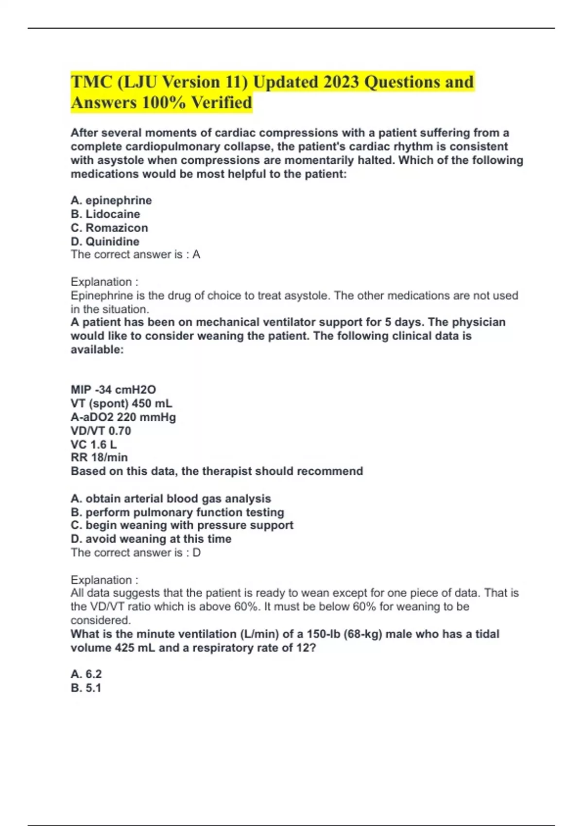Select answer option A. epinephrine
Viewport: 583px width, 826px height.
pos(111,200)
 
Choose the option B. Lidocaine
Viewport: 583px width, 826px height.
pos(105,214)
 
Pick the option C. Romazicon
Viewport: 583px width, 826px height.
pos(109,227)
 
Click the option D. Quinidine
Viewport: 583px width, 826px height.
pos(105,241)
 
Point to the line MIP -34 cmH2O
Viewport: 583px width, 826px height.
pos(113,389)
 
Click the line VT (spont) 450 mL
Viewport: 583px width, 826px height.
pos(121,403)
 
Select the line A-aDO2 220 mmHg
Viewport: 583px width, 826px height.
pos(123,417)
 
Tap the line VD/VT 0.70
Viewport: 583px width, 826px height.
pos(101,430)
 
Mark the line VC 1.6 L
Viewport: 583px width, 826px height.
pos(94,444)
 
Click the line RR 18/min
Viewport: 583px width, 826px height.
pos(99,457)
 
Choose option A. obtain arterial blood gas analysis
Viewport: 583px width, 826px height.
pos(171,499)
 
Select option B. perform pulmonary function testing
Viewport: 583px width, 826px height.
pos(177,512)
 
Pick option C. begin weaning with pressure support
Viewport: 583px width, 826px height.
pos(182,525)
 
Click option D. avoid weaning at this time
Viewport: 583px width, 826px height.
pos(151,539)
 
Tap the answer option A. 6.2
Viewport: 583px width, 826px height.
pos(86,674)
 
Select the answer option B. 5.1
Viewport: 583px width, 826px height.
pos(86,688)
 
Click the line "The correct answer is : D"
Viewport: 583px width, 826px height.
pos(136,552)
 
